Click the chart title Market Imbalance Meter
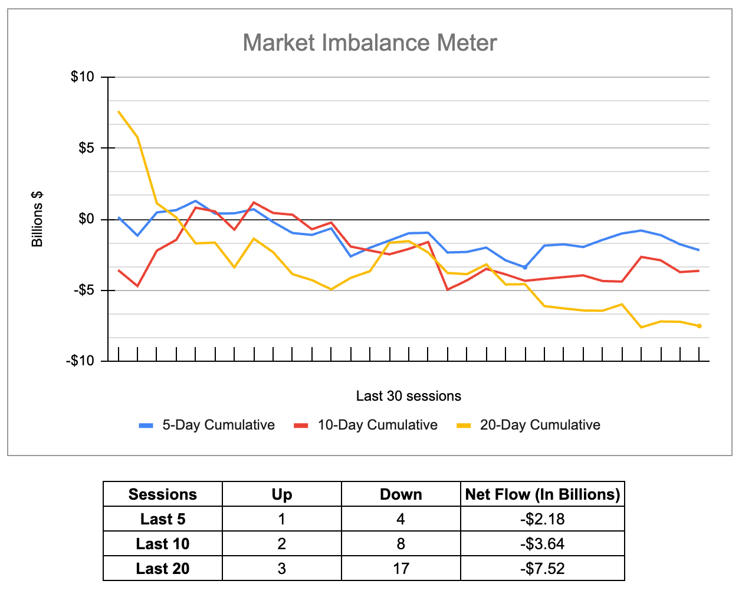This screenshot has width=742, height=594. (x=370, y=43)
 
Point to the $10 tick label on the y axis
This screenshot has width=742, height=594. (x=82, y=77)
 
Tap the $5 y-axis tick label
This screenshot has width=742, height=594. (x=86, y=148)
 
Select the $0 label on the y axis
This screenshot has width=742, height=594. (x=86, y=219)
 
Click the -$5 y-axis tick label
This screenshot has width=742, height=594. (x=84, y=291)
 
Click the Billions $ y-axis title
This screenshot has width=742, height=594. (x=37, y=219)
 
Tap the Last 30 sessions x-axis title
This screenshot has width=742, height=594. (x=408, y=396)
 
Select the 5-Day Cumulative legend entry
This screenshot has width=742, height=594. (x=218, y=425)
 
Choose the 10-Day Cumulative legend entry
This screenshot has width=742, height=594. (x=377, y=425)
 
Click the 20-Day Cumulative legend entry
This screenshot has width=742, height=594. (x=540, y=425)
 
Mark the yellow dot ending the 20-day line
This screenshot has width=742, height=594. (x=699, y=326)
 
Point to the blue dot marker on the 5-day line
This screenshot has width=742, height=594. (x=524, y=268)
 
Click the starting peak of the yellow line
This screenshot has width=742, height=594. (x=119, y=111)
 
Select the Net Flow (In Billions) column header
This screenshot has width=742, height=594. (x=542, y=494)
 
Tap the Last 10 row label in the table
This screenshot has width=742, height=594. (x=163, y=544)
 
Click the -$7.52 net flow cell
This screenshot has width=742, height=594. (x=542, y=569)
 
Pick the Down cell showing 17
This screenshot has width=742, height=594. (x=400, y=569)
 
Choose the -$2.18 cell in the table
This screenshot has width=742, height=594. (x=542, y=519)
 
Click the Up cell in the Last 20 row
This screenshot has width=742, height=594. (x=281, y=569)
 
